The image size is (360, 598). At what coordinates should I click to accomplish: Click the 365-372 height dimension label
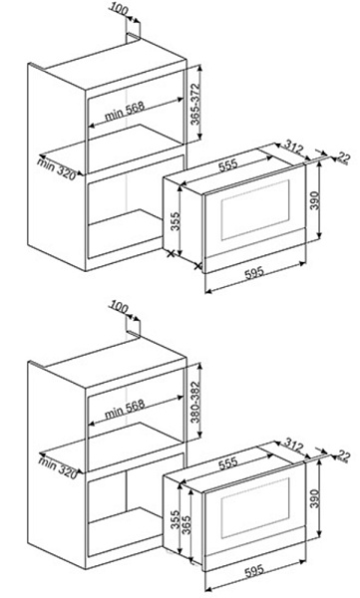[x=195, y=104]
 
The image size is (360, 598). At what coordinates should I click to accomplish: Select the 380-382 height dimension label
[x=195, y=402]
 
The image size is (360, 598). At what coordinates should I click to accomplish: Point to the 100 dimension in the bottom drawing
[x=119, y=307]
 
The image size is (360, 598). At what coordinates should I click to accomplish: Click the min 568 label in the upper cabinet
[x=125, y=111]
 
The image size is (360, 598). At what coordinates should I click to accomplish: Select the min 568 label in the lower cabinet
[x=125, y=409]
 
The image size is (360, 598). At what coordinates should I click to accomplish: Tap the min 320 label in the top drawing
[x=57, y=168]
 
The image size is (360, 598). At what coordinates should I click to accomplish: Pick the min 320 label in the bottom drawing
[x=58, y=466]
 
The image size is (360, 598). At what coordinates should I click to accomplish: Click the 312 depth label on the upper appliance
[x=294, y=148]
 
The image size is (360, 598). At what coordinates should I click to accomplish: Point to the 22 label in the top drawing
[x=344, y=157]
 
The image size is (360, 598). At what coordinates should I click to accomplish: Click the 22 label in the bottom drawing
[x=344, y=455]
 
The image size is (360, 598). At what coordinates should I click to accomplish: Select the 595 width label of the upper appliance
[x=254, y=272]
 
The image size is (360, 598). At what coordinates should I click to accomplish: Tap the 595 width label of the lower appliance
[x=254, y=570]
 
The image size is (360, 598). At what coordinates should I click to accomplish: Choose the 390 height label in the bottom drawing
[x=314, y=498]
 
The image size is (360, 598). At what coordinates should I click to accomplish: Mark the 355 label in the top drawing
[x=176, y=221]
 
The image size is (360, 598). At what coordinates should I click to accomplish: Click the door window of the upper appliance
[x=255, y=209]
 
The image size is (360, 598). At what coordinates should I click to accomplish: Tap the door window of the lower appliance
[x=255, y=507]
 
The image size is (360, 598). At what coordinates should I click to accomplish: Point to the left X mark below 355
[x=171, y=253]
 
